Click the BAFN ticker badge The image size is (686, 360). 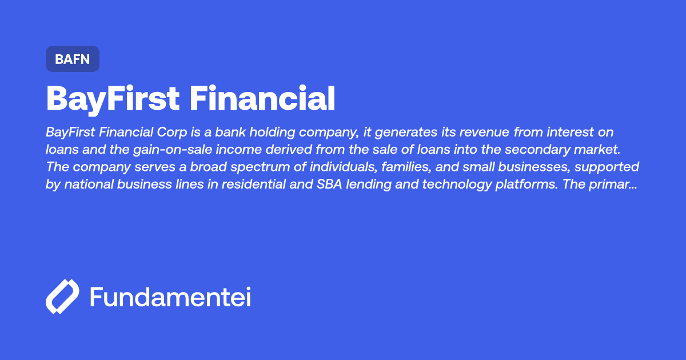[x=73, y=59]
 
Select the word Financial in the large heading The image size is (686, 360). [x=262, y=98]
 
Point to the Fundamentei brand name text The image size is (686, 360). [x=170, y=297]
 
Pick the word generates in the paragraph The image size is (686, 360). [x=410, y=133]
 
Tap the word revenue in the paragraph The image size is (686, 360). [x=486, y=133]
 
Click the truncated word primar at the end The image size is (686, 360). [x=618, y=185]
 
